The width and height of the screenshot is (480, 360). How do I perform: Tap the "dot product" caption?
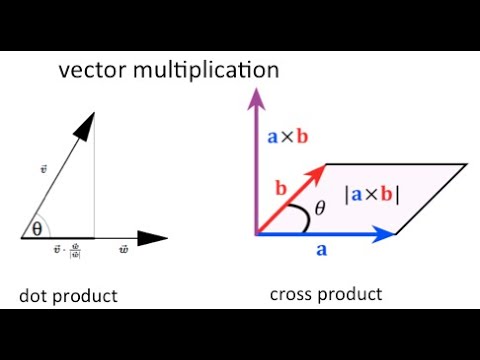tap(68, 296)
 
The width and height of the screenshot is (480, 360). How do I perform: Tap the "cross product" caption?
tap(325, 294)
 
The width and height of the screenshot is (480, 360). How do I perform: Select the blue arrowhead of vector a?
tap(385, 235)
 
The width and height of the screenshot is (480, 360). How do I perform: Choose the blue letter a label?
tap(321, 251)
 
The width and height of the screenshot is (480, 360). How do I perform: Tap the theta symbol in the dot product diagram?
tap(37, 228)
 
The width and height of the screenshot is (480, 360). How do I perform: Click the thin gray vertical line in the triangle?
tap(94, 190)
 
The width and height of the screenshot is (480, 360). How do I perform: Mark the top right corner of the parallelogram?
tap(467, 163)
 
